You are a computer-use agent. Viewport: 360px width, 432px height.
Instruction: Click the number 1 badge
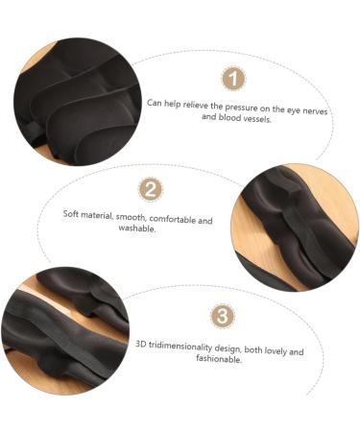point(232,79)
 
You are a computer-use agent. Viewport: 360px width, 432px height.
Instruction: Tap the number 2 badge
point(150,188)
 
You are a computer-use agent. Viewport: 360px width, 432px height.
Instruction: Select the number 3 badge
point(222,315)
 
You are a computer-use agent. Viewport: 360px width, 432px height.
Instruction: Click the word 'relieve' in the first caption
point(204,105)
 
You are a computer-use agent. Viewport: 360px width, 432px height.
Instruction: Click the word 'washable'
point(137,229)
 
